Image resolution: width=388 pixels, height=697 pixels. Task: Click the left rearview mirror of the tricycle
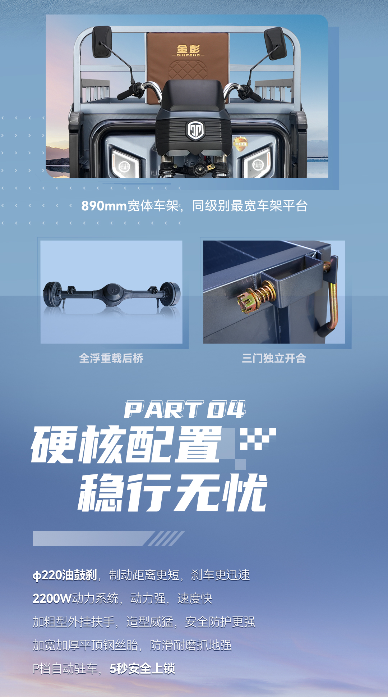(x=102, y=42)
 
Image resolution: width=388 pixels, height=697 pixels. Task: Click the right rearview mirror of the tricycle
(x=276, y=43)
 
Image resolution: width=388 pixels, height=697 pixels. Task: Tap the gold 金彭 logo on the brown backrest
(x=188, y=50)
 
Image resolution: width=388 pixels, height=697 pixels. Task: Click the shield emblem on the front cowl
(x=195, y=130)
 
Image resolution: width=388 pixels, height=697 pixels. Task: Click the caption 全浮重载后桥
(x=111, y=358)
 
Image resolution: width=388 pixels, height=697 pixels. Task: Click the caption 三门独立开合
(x=274, y=358)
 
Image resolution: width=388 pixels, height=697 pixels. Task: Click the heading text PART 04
(x=185, y=410)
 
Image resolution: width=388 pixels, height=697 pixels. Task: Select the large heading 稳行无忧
(x=172, y=493)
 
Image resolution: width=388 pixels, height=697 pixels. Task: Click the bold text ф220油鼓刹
(x=65, y=575)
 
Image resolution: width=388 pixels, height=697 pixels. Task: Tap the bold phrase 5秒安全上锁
(x=142, y=669)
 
